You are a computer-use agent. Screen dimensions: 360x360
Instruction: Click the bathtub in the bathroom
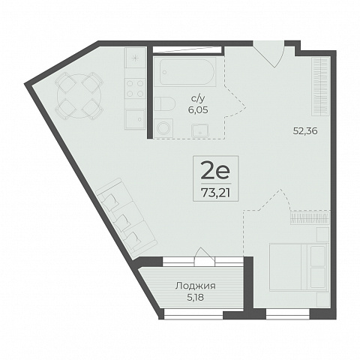(x=184, y=72)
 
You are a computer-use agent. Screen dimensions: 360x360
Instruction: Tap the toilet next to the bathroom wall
(x=164, y=104)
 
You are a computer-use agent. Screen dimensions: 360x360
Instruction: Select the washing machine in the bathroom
(x=163, y=128)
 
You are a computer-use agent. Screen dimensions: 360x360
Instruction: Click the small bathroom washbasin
(x=200, y=130)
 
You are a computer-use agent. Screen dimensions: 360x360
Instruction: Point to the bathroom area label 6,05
(x=198, y=109)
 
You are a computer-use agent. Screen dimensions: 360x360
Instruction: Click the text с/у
(x=198, y=99)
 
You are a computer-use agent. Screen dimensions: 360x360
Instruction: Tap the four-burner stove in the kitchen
(x=135, y=88)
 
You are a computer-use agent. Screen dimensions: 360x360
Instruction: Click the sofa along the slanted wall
(x=127, y=214)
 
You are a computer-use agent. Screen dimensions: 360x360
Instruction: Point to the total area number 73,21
(x=215, y=193)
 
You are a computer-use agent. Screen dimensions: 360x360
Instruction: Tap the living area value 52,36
(x=305, y=131)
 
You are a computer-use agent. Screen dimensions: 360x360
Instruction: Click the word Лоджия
(x=195, y=286)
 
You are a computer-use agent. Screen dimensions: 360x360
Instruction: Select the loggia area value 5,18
(x=195, y=298)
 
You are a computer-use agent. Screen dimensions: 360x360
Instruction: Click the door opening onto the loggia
(x=205, y=256)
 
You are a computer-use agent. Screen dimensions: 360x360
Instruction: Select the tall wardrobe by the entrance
(x=320, y=87)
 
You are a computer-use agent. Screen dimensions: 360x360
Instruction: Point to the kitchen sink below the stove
(x=135, y=119)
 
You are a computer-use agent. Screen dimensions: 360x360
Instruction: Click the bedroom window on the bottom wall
(x=288, y=314)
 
